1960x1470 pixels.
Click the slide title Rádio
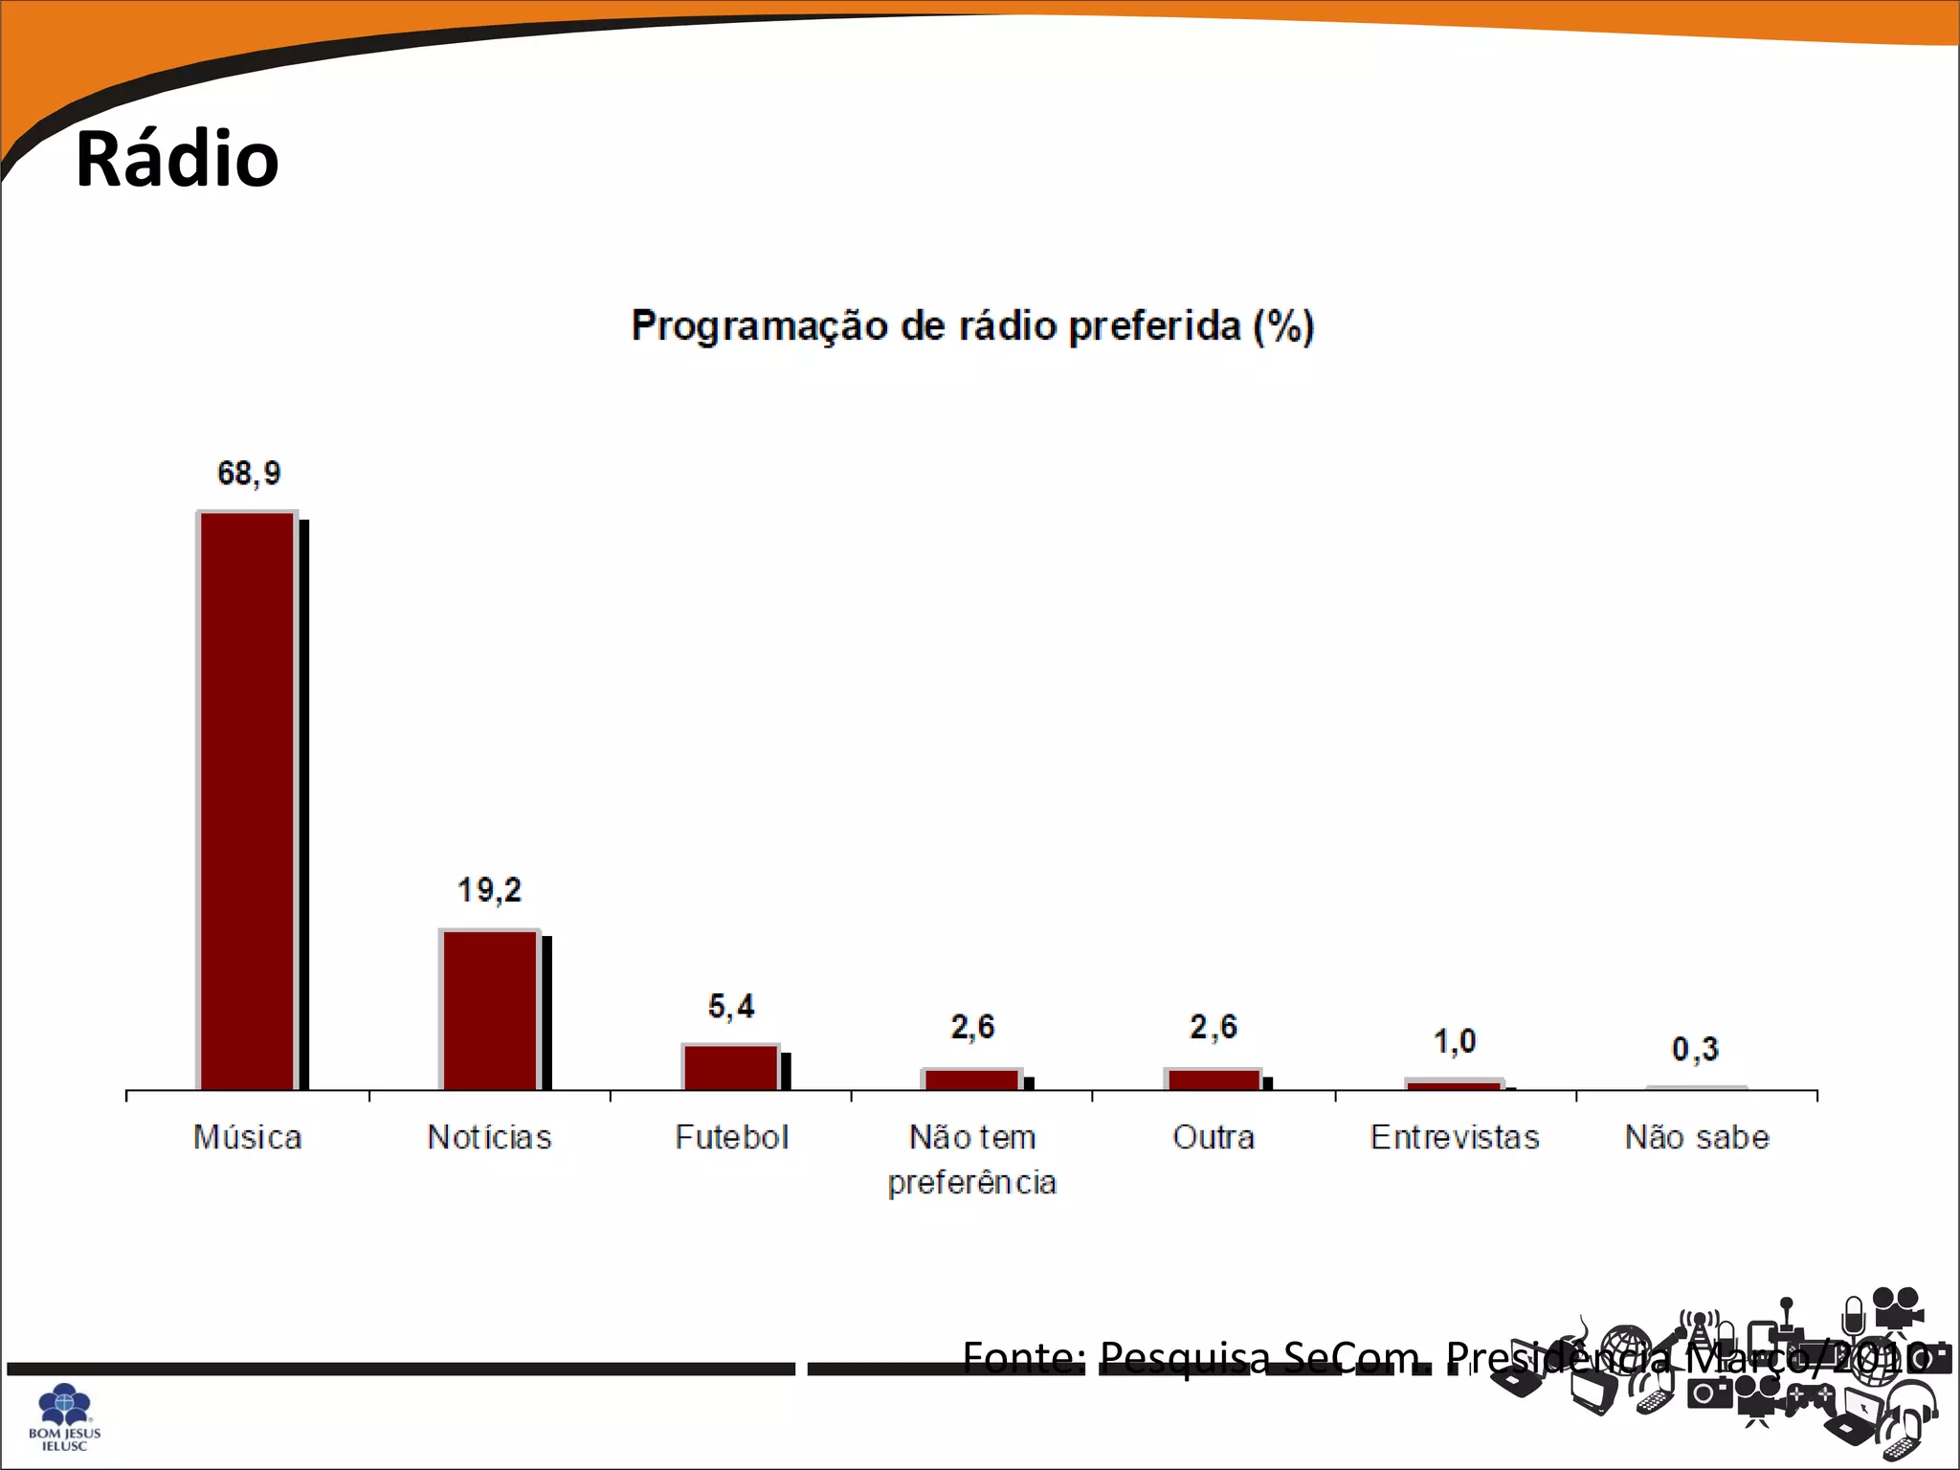click(177, 159)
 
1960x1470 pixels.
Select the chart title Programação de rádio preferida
click(972, 326)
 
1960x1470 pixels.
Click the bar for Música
click(248, 801)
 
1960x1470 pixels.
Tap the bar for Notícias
click(490, 1010)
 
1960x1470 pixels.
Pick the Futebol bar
click(731, 1067)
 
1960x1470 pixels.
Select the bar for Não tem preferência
click(972, 1080)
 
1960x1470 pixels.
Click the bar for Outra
click(1214, 1080)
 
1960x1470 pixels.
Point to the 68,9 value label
click(249, 473)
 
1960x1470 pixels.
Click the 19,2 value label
click(489, 890)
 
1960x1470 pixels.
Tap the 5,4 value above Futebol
click(731, 1006)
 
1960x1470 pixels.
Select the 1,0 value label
click(1455, 1041)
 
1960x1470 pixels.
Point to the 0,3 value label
click(1695, 1050)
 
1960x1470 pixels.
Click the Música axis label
click(248, 1137)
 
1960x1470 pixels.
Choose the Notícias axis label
click(489, 1137)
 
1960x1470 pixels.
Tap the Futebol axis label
click(731, 1137)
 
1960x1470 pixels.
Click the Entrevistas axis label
click(1455, 1137)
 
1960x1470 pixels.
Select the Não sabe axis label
click(1697, 1137)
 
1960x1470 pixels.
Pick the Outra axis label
click(1214, 1137)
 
